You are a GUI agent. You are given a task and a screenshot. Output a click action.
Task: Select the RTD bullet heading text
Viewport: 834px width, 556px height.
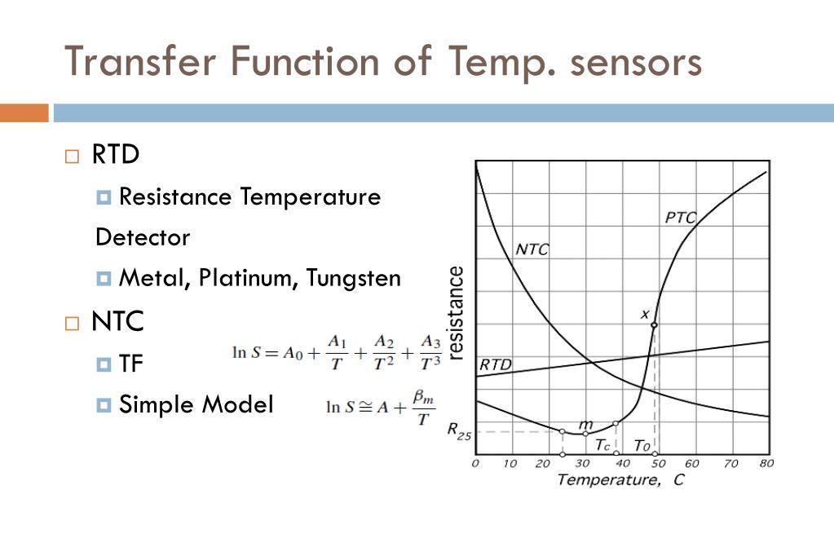pyautogui.click(x=116, y=154)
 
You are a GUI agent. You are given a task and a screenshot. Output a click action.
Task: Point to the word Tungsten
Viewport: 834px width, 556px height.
pyautogui.click(x=354, y=278)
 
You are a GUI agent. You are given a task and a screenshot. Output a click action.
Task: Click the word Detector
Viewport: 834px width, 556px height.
pyautogui.click(x=143, y=237)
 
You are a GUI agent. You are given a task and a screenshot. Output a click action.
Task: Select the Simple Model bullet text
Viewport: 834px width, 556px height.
pyautogui.click(x=196, y=404)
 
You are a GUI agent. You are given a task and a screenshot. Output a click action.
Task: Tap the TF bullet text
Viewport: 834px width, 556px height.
pyautogui.click(x=131, y=363)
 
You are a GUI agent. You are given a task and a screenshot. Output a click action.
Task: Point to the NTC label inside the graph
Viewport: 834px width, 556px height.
pyautogui.click(x=532, y=249)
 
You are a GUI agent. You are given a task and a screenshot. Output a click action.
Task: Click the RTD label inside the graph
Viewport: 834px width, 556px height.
pyautogui.click(x=495, y=364)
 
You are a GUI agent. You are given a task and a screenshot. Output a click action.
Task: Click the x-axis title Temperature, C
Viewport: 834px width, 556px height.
pyautogui.click(x=620, y=479)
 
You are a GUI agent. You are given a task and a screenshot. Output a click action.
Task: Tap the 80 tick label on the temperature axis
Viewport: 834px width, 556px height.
pyautogui.click(x=766, y=463)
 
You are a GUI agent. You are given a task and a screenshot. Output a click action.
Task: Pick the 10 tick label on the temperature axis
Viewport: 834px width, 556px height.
pyautogui.click(x=510, y=463)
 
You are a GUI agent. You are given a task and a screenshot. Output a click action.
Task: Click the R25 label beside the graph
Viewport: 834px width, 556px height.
pyautogui.click(x=459, y=430)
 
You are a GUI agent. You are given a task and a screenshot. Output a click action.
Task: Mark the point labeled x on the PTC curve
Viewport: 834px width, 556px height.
pyautogui.click(x=654, y=324)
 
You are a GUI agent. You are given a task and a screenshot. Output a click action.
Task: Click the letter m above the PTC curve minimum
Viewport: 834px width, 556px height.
pyautogui.click(x=585, y=423)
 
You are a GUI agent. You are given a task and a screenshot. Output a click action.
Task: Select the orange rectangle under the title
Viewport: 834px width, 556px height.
pyautogui.click(x=24, y=113)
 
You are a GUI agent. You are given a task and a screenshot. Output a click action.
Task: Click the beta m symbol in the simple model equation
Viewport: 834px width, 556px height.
pyautogui.click(x=421, y=397)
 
